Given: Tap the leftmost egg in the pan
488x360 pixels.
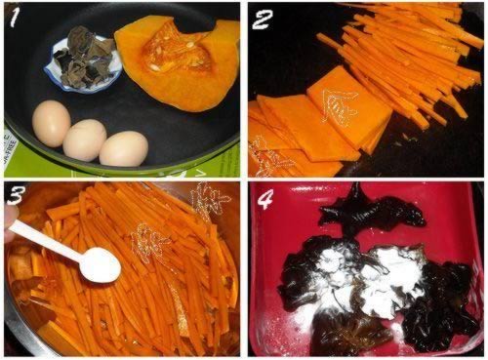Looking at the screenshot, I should pos(51,123).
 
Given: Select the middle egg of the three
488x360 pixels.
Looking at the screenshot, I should pos(85,140).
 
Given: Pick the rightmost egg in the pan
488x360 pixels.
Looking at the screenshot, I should pos(124,148).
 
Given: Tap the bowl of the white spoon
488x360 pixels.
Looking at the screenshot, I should pos(100,265).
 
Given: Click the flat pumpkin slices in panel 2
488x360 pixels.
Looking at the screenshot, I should pos(312,122).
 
